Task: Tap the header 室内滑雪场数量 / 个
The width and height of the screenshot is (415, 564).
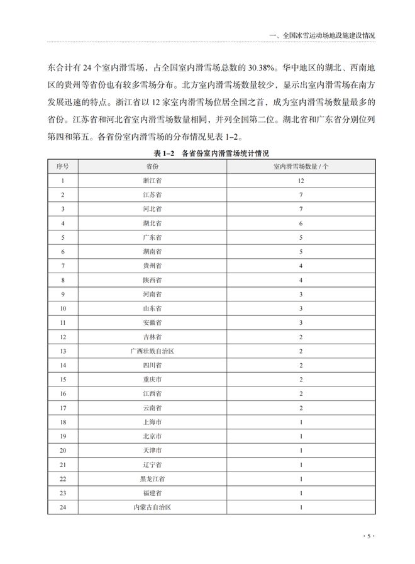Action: [301, 166]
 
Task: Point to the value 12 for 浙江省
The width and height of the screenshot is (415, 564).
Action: [301, 181]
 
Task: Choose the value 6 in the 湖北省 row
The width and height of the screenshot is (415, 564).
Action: [301, 223]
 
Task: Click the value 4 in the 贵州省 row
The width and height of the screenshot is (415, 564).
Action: [301, 266]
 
